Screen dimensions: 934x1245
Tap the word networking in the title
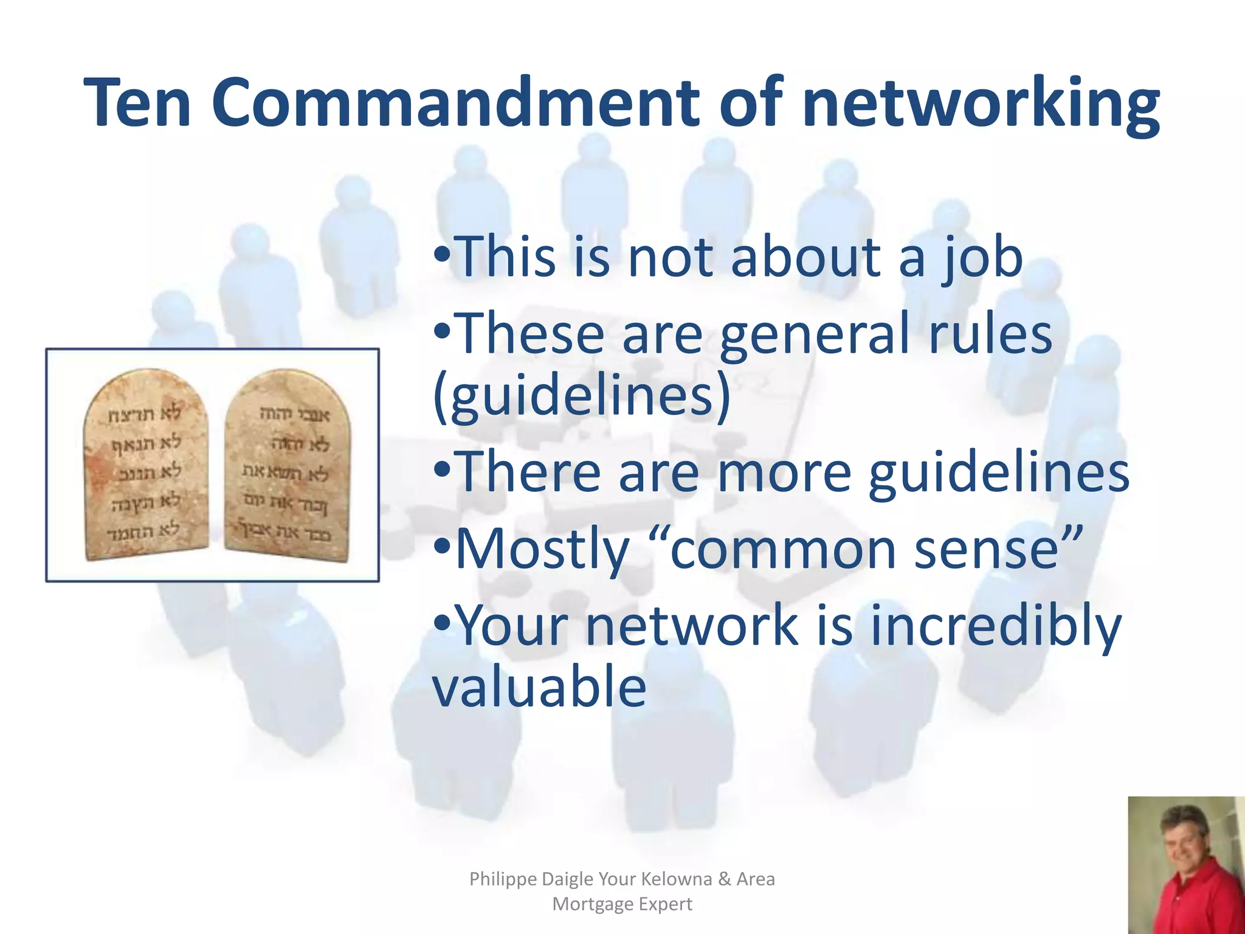tap(980, 103)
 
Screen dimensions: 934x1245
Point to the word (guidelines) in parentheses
tap(582, 395)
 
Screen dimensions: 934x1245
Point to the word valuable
tap(539, 687)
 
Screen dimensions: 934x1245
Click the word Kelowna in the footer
tap(677, 879)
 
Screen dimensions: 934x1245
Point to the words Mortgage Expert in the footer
tap(622, 904)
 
